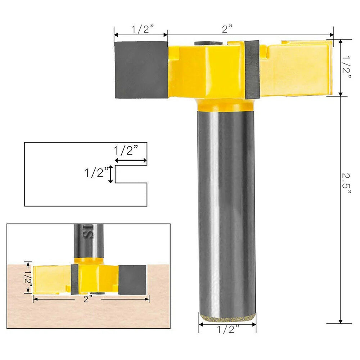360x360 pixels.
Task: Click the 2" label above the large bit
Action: pyautogui.click(x=228, y=29)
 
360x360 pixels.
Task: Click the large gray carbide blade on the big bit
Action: pyautogui.click(x=141, y=70)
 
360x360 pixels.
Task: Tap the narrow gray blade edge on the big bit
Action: pyautogui.click(x=252, y=69)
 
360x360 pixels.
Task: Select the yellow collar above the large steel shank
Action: pyautogui.click(x=226, y=105)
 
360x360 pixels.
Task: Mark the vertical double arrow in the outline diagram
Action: pyautogui.click(x=111, y=175)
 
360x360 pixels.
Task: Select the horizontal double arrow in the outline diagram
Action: pyautogui.click(x=131, y=161)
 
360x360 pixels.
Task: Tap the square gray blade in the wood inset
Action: pyautogui.click(x=132, y=279)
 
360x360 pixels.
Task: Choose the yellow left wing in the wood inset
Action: pyautogui.click(x=51, y=279)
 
